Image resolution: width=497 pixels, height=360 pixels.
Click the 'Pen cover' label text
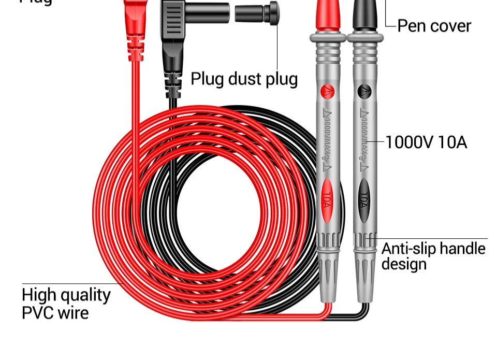tap(434, 26)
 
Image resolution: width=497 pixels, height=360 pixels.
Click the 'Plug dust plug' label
tap(244, 79)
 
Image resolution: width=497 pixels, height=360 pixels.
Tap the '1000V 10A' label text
tap(426, 141)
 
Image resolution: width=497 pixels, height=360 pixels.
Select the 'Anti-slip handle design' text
tap(433, 256)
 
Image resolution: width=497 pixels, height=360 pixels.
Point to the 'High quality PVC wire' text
tap(66, 304)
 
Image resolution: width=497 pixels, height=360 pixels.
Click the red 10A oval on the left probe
tap(327, 197)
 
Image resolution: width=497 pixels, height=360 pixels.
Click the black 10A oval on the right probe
tap(363, 197)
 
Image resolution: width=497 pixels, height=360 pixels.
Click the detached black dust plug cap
tap(257, 13)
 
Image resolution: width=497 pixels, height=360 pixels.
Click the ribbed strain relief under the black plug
tap(173, 82)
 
